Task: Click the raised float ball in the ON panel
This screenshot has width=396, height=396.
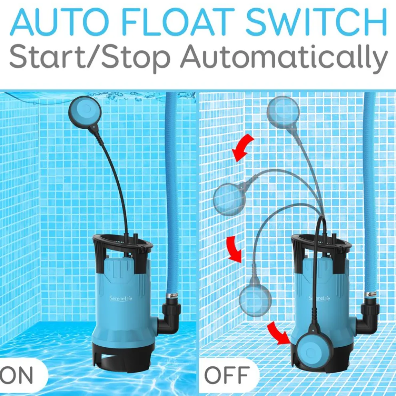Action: click(x=85, y=110)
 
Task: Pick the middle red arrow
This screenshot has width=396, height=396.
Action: click(x=234, y=248)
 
